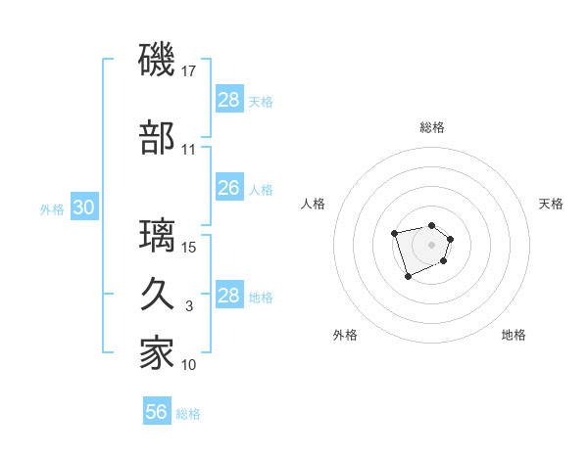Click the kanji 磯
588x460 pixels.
pos(158,60)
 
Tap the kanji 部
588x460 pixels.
pos(158,139)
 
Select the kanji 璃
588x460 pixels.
pos(158,236)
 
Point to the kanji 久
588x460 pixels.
pos(158,296)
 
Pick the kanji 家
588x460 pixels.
pos(158,353)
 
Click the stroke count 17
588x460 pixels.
pos(190,70)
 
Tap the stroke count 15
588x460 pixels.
pos(190,247)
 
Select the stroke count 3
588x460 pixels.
pos(189,306)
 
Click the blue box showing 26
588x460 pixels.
pos(228,187)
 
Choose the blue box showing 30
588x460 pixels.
pos(83,207)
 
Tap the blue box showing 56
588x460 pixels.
pos(156,412)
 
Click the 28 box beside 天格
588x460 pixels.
pos(228,99)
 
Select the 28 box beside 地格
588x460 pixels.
pos(228,296)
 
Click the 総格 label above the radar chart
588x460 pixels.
pos(431,127)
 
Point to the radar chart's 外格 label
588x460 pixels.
pos(345,335)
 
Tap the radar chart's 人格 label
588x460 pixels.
pos(314,204)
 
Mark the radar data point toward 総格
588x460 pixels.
pos(431,220)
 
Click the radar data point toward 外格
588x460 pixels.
pos(408,277)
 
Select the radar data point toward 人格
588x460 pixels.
pos(394,233)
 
